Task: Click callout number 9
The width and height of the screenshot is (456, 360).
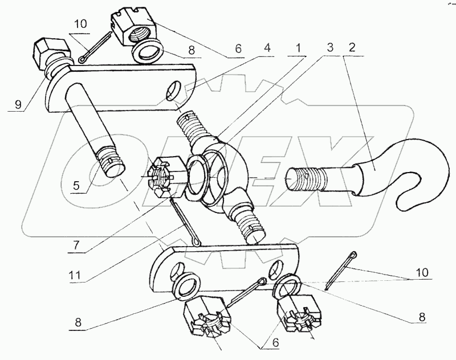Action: click(x=19, y=105)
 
